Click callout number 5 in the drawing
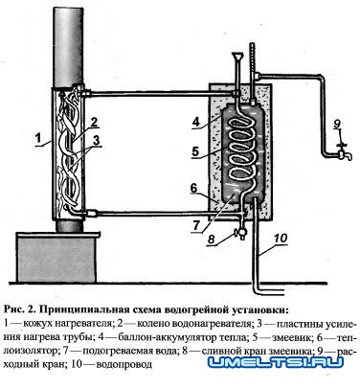[x=193, y=150]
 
